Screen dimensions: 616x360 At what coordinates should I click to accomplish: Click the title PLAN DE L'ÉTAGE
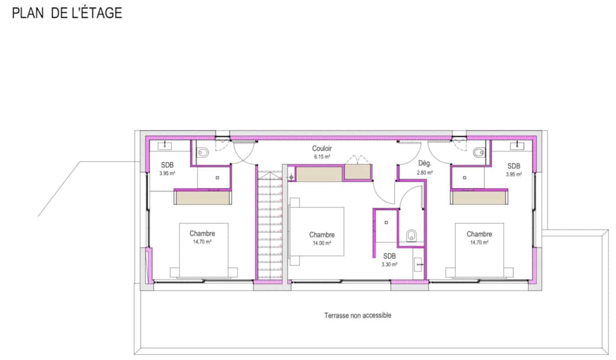(x=67, y=13)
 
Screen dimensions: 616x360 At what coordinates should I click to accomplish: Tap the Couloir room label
(x=322, y=149)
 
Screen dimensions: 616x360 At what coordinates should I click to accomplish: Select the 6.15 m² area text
(x=322, y=157)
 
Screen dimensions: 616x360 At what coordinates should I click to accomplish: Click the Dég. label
(x=425, y=163)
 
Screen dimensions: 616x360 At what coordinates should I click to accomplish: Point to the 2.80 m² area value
(x=425, y=172)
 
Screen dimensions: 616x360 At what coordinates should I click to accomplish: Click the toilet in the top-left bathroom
(x=203, y=152)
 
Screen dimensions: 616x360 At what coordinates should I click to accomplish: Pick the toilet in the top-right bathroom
(x=479, y=152)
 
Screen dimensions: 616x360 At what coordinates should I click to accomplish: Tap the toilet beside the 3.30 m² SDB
(x=411, y=235)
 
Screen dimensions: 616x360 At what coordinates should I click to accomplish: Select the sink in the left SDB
(x=165, y=146)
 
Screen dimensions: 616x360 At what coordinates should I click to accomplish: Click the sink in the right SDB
(x=516, y=146)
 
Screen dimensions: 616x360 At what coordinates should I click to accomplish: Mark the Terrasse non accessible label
(x=358, y=315)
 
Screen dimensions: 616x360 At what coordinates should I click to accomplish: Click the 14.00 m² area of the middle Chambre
(x=322, y=243)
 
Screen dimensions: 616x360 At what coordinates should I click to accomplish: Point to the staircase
(x=270, y=225)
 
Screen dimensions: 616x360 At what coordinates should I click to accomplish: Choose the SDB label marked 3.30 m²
(x=389, y=256)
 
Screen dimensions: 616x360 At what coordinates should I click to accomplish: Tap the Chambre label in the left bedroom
(x=203, y=234)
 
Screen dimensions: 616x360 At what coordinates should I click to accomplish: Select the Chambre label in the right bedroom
(x=479, y=234)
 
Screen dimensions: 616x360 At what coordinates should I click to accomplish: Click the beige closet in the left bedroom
(x=203, y=198)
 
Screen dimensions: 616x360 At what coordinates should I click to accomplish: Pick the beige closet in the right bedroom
(x=479, y=198)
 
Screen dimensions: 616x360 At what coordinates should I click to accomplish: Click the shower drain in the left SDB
(x=217, y=178)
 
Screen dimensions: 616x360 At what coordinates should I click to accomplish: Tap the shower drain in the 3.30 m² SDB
(x=386, y=223)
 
